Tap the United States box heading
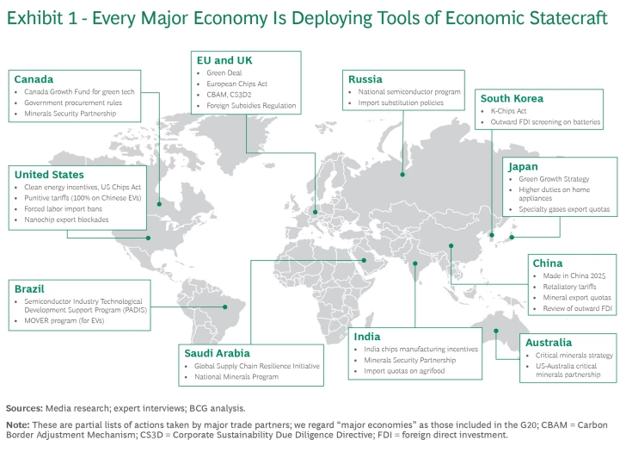pyautogui.click(x=49, y=175)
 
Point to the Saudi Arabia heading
pyautogui.click(x=218, y=353)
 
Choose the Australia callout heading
pyautogui.click(x=548, y=343)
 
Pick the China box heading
pyautogui.click(x=548, y=263)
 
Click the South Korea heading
pyautogui.click(x=512, y=98)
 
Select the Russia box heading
pyautogui.click(x=365, y=78)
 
